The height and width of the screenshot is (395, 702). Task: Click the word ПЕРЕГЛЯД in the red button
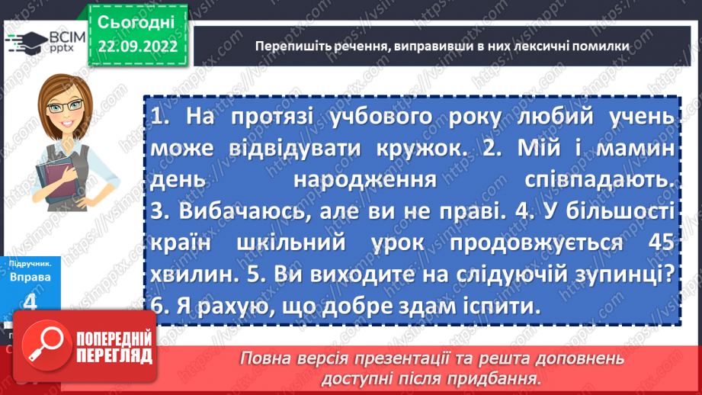(x=114, y=356)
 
